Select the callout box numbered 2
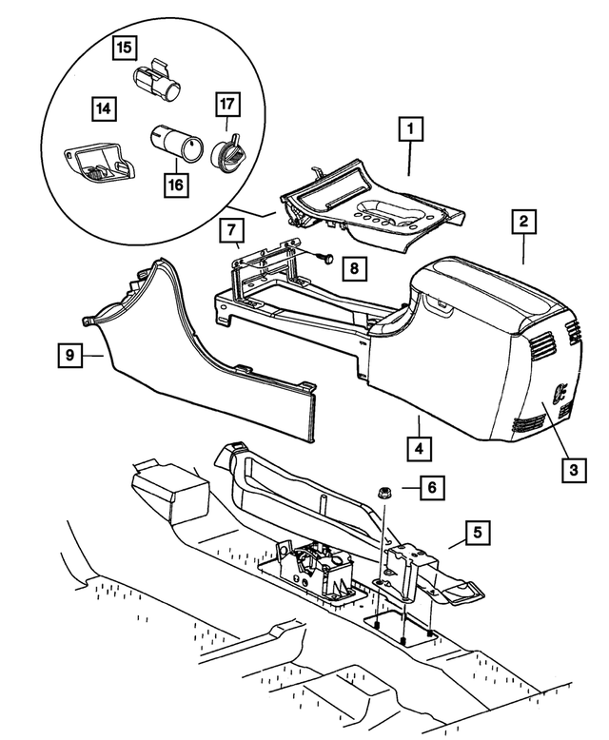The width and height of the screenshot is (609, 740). tap(522, 223)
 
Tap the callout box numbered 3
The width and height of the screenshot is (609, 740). tap(573, 467)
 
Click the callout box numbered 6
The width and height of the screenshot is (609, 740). tap(430, 488)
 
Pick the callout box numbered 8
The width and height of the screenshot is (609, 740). tap(353, 269)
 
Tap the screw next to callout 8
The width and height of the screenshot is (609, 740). tap(322, 257)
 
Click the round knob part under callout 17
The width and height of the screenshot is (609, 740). tap(228, 151)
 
